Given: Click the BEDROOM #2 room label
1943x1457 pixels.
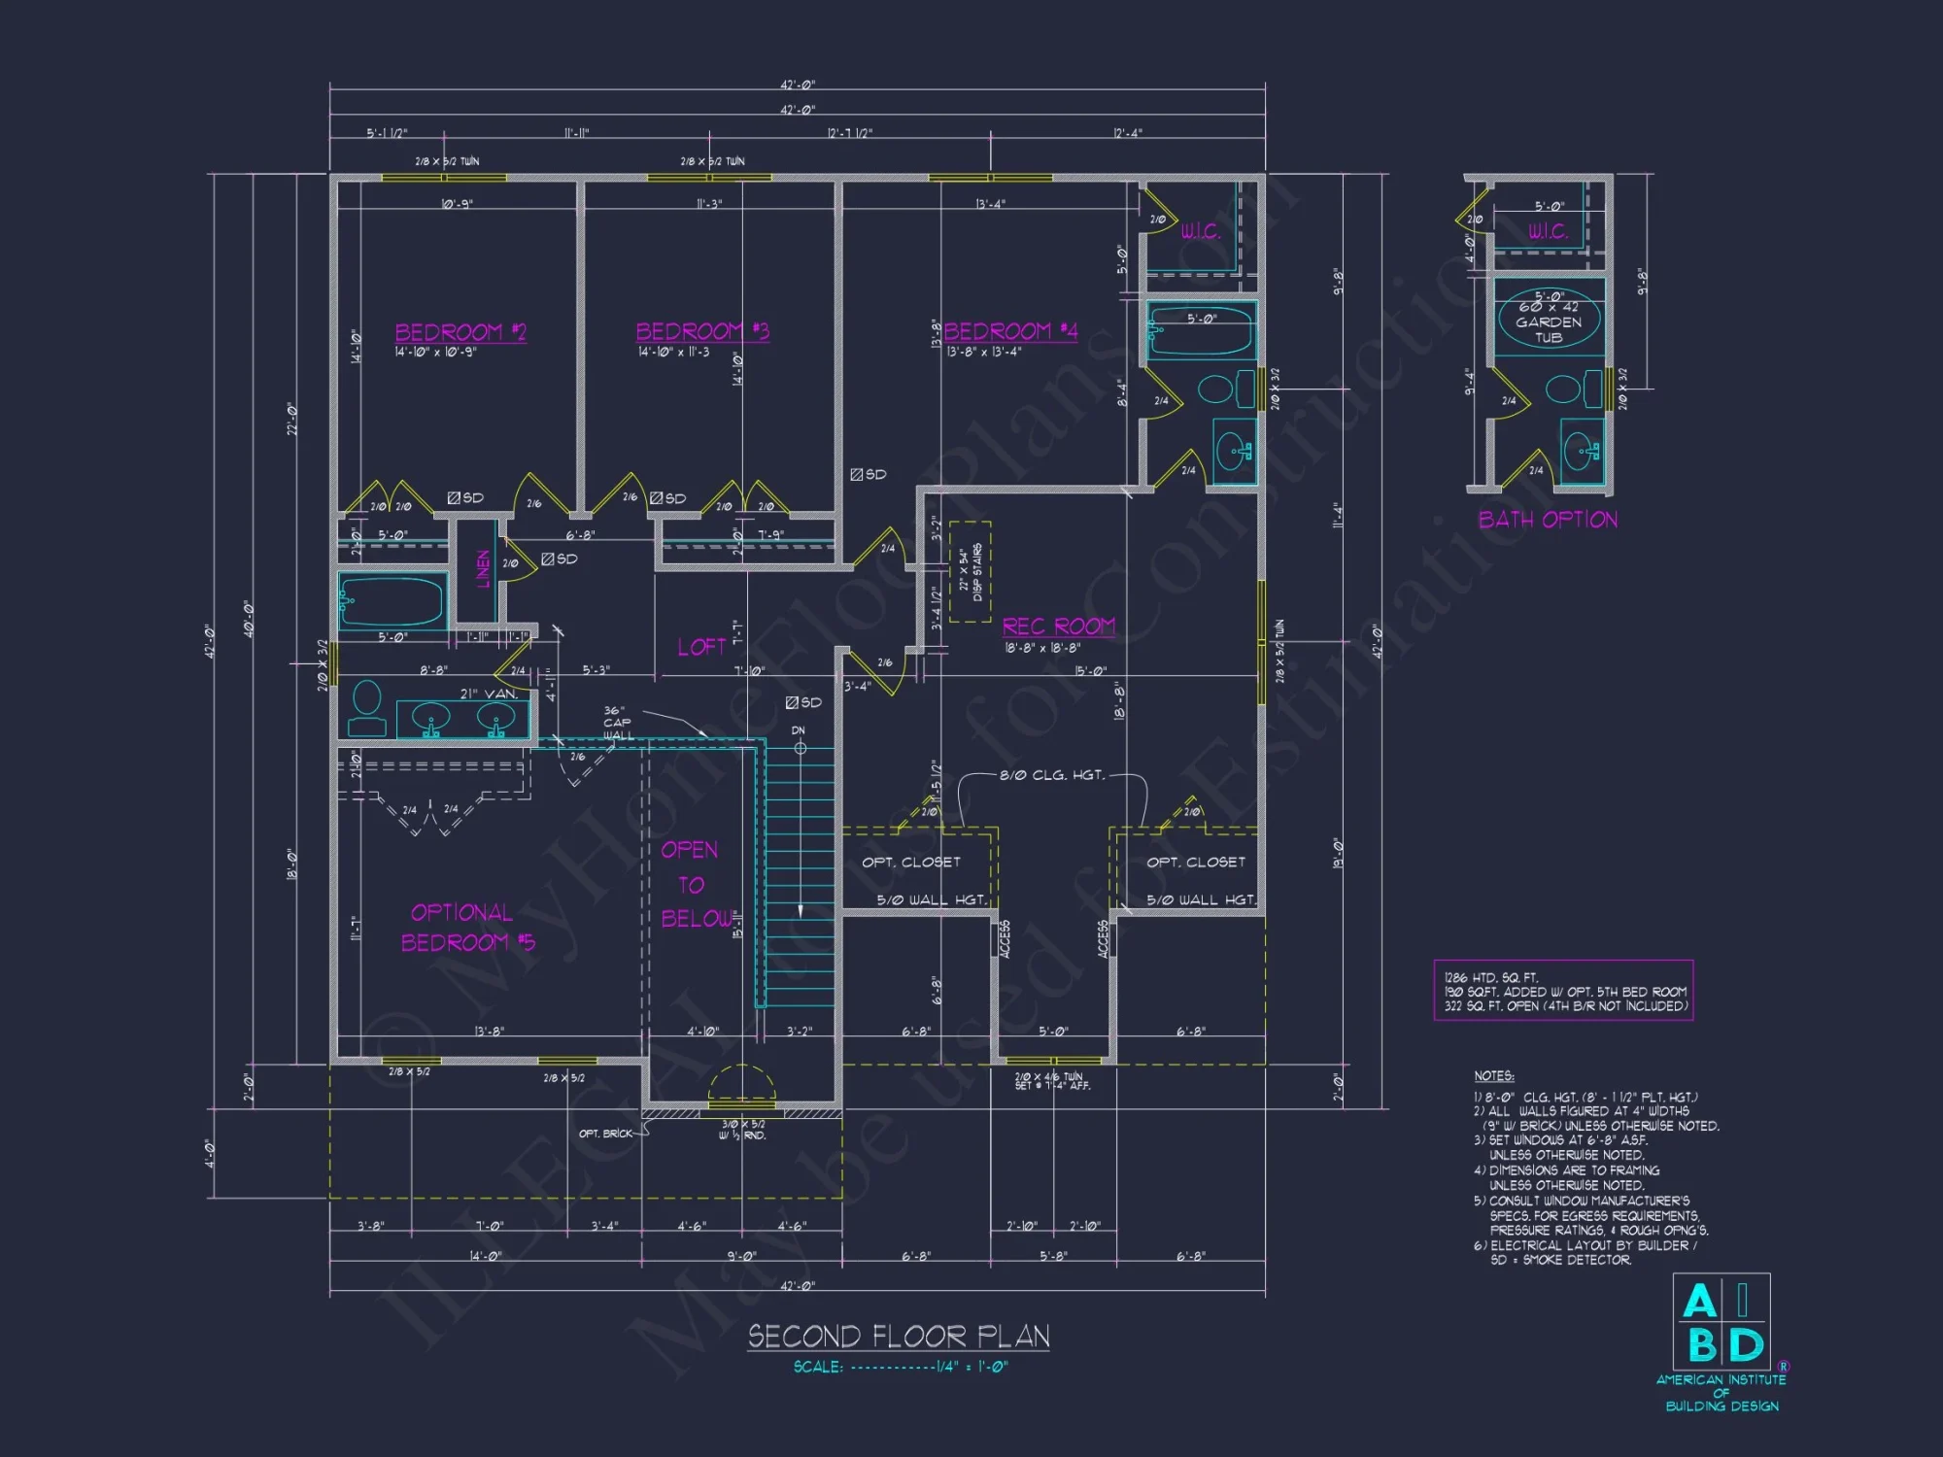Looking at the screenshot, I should click(x=460, y=332).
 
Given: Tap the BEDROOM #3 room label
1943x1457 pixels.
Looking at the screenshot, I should click(x=701, y=331).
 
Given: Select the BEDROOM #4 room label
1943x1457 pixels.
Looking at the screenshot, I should click(x=1010, y=331).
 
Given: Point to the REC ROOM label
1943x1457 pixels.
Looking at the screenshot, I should click(x=1058, y=627).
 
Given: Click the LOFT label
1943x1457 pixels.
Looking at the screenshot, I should click(x=701, y=647).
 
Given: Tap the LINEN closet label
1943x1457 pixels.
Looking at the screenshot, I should click(x=483, y=569).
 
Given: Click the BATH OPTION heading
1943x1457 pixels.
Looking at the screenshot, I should click(x=1548, y=520).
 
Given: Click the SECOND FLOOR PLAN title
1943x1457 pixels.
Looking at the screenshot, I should click(x=899, y=1337).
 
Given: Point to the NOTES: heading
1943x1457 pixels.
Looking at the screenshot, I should click(x=1493, y=1075).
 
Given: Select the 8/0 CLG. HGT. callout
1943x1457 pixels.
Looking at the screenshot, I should click(x=1052, y=775).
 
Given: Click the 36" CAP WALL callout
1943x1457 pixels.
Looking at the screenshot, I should click(x=618, y=723).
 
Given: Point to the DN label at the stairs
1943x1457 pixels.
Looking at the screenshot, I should click(x=798, y=730).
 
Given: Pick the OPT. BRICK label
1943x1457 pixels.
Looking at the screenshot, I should click(x=604, y=1134).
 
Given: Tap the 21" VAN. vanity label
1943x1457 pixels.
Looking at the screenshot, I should click(x=489, y=694).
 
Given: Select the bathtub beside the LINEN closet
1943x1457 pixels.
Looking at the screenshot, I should click(x=392, y=600).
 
